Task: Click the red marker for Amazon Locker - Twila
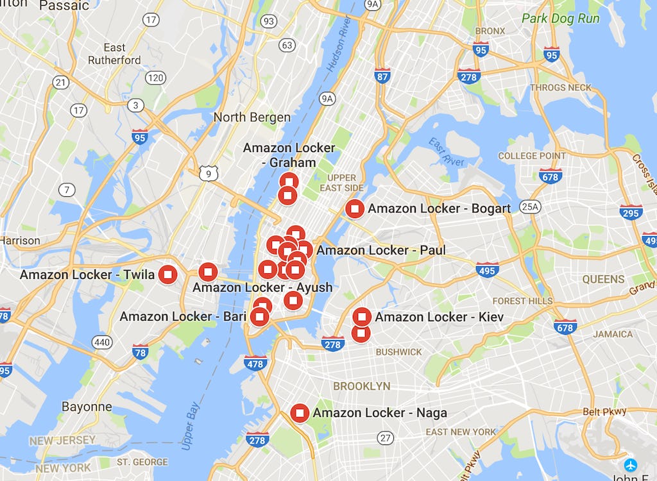167,274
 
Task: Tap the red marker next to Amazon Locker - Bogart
355,208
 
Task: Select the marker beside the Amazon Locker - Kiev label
362,316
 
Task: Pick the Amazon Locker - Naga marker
300,413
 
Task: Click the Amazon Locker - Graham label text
289,155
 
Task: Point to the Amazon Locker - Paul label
380,250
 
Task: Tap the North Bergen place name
252,117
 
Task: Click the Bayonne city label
87,407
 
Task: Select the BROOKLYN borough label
361,386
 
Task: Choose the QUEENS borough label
603,279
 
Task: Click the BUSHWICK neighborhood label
399,352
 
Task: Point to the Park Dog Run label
560,19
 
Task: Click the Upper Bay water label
192,418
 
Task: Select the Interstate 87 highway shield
382,76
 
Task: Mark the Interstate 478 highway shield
255,363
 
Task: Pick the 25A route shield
529,206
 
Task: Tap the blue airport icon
631,464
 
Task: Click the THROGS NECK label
561,88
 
